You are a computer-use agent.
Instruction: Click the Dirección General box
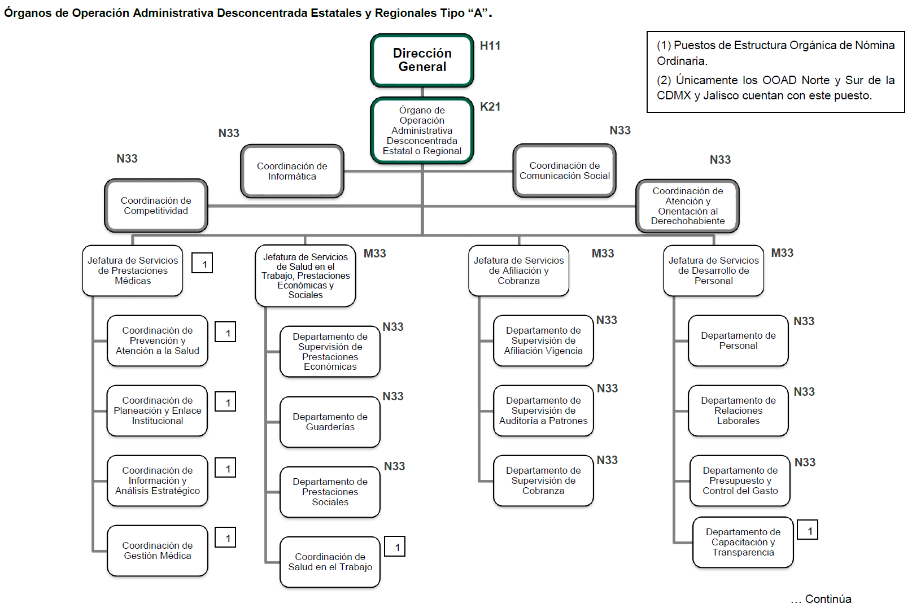pos(422,60)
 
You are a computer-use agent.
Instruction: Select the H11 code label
pos(490,46)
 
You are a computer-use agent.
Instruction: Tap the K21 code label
pos(490,107)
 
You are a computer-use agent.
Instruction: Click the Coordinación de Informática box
pos(292,171)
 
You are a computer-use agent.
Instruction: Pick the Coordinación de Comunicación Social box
pos(564,171)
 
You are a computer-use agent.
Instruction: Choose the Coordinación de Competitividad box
pos(156,206)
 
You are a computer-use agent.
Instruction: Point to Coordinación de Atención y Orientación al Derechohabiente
pos(687,206)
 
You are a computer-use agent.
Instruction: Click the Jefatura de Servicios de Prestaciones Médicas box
pos(133,270)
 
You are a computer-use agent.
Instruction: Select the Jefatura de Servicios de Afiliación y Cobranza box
pos(518,270)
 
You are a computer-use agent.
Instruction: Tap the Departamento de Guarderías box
pos(330,422)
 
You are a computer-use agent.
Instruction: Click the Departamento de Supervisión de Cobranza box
pos(543,480)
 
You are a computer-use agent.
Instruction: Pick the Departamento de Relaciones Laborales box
pos(738,410)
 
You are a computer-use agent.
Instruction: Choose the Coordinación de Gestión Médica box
pos(158,550)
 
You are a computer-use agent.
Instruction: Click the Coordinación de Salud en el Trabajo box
pos(330,562)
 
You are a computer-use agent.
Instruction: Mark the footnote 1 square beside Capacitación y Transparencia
pos(808,530)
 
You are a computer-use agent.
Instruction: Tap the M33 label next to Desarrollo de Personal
pos(782,253)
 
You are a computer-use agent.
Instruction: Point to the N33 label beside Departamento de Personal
pos(804,321)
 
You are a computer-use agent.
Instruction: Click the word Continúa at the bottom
pos(828,599)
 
